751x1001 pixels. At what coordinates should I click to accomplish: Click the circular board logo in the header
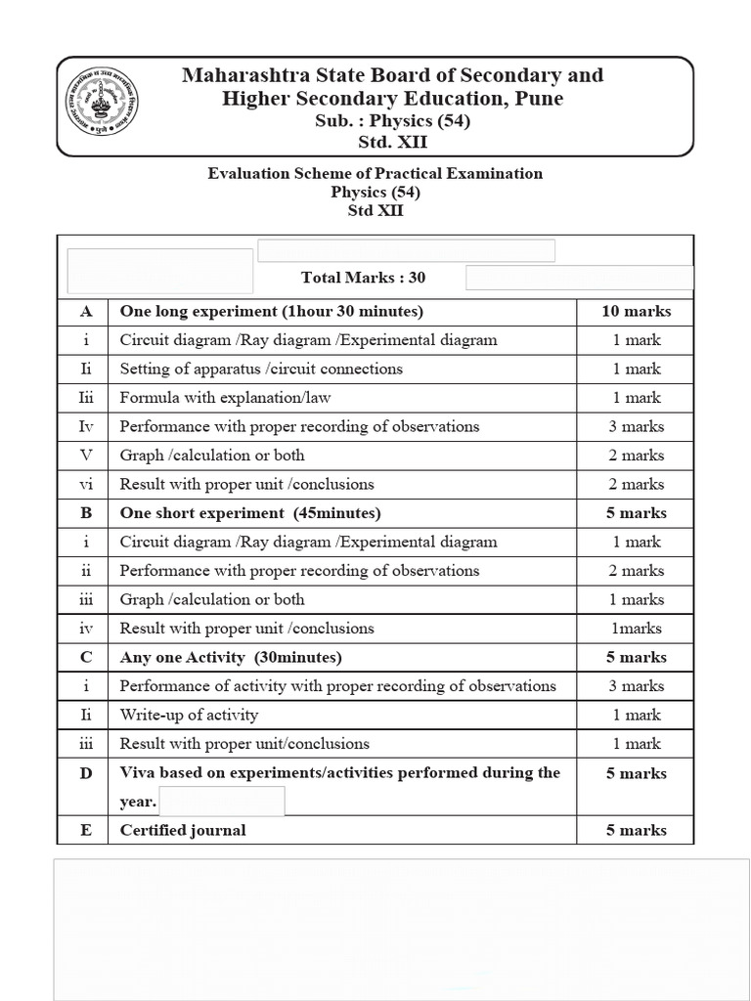(x=102, y=108)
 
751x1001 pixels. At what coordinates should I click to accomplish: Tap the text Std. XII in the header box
(x=392, y=143)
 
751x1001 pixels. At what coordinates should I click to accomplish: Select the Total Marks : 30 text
(x=364, y=278)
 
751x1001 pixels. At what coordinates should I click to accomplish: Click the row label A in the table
(x=86, y=312)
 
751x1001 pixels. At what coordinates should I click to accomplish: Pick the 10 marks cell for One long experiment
(x=636, y=312)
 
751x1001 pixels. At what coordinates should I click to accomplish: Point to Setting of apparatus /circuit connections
(x=261, y=370)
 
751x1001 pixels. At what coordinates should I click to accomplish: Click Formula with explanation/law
(x=226, y=398)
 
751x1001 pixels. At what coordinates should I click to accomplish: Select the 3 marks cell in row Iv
(x=636, y=427)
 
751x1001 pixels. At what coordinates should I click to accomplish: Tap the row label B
(x=86, y=513)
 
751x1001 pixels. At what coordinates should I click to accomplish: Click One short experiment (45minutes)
(x=250, y=513)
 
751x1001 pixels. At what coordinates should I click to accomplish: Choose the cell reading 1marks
(x=636, y=629)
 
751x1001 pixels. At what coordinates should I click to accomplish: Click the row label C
(x=86, y=658)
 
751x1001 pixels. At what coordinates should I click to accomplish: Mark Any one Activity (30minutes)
(x=231, y=658)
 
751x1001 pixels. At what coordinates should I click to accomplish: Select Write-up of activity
(x=189, y=716)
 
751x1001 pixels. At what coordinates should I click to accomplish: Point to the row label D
(x=86, y=773)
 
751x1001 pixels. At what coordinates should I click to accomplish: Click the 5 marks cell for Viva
(x=636, y=773)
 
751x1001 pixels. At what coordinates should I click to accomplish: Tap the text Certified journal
(x=183, y=831)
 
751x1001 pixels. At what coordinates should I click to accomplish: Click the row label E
(x=86, y=831)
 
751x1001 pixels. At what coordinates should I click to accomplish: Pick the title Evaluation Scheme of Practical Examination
(x=375, y=174)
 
